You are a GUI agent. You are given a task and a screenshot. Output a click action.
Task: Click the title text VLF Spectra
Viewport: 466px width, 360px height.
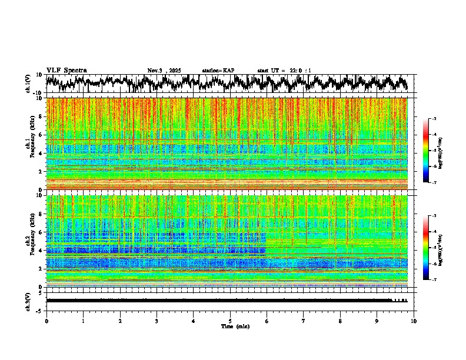tap(66, 70)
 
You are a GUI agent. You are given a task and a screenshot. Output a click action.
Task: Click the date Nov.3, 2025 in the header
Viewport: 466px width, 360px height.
tap(165, 71)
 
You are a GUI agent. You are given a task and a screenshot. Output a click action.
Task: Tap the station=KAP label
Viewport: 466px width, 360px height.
tap(218, 71)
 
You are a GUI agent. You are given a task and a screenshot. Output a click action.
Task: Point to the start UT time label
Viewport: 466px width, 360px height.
tap(284, 71)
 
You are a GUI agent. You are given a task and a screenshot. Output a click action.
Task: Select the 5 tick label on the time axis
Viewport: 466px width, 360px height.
tap(230, 321)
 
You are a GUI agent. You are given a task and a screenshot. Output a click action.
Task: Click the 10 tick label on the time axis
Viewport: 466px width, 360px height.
tap(414, 321)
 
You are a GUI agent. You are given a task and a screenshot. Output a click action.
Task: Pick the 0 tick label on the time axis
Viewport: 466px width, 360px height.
tap(46, 321)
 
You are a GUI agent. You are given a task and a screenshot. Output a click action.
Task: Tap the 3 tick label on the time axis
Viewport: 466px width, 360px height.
tap(157, 321)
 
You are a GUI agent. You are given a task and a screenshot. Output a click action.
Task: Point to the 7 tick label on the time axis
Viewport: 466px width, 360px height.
tap(304, 321)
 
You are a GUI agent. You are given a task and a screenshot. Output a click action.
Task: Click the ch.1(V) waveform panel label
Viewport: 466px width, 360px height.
tap(28, 84)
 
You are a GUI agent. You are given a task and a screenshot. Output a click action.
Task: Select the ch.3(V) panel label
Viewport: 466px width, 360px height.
tap(28, 300)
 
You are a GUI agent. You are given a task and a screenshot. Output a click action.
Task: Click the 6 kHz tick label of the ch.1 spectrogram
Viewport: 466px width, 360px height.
tap(41, 135)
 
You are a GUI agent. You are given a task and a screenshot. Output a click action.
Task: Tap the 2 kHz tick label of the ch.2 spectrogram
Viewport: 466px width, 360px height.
tap(41, 268)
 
